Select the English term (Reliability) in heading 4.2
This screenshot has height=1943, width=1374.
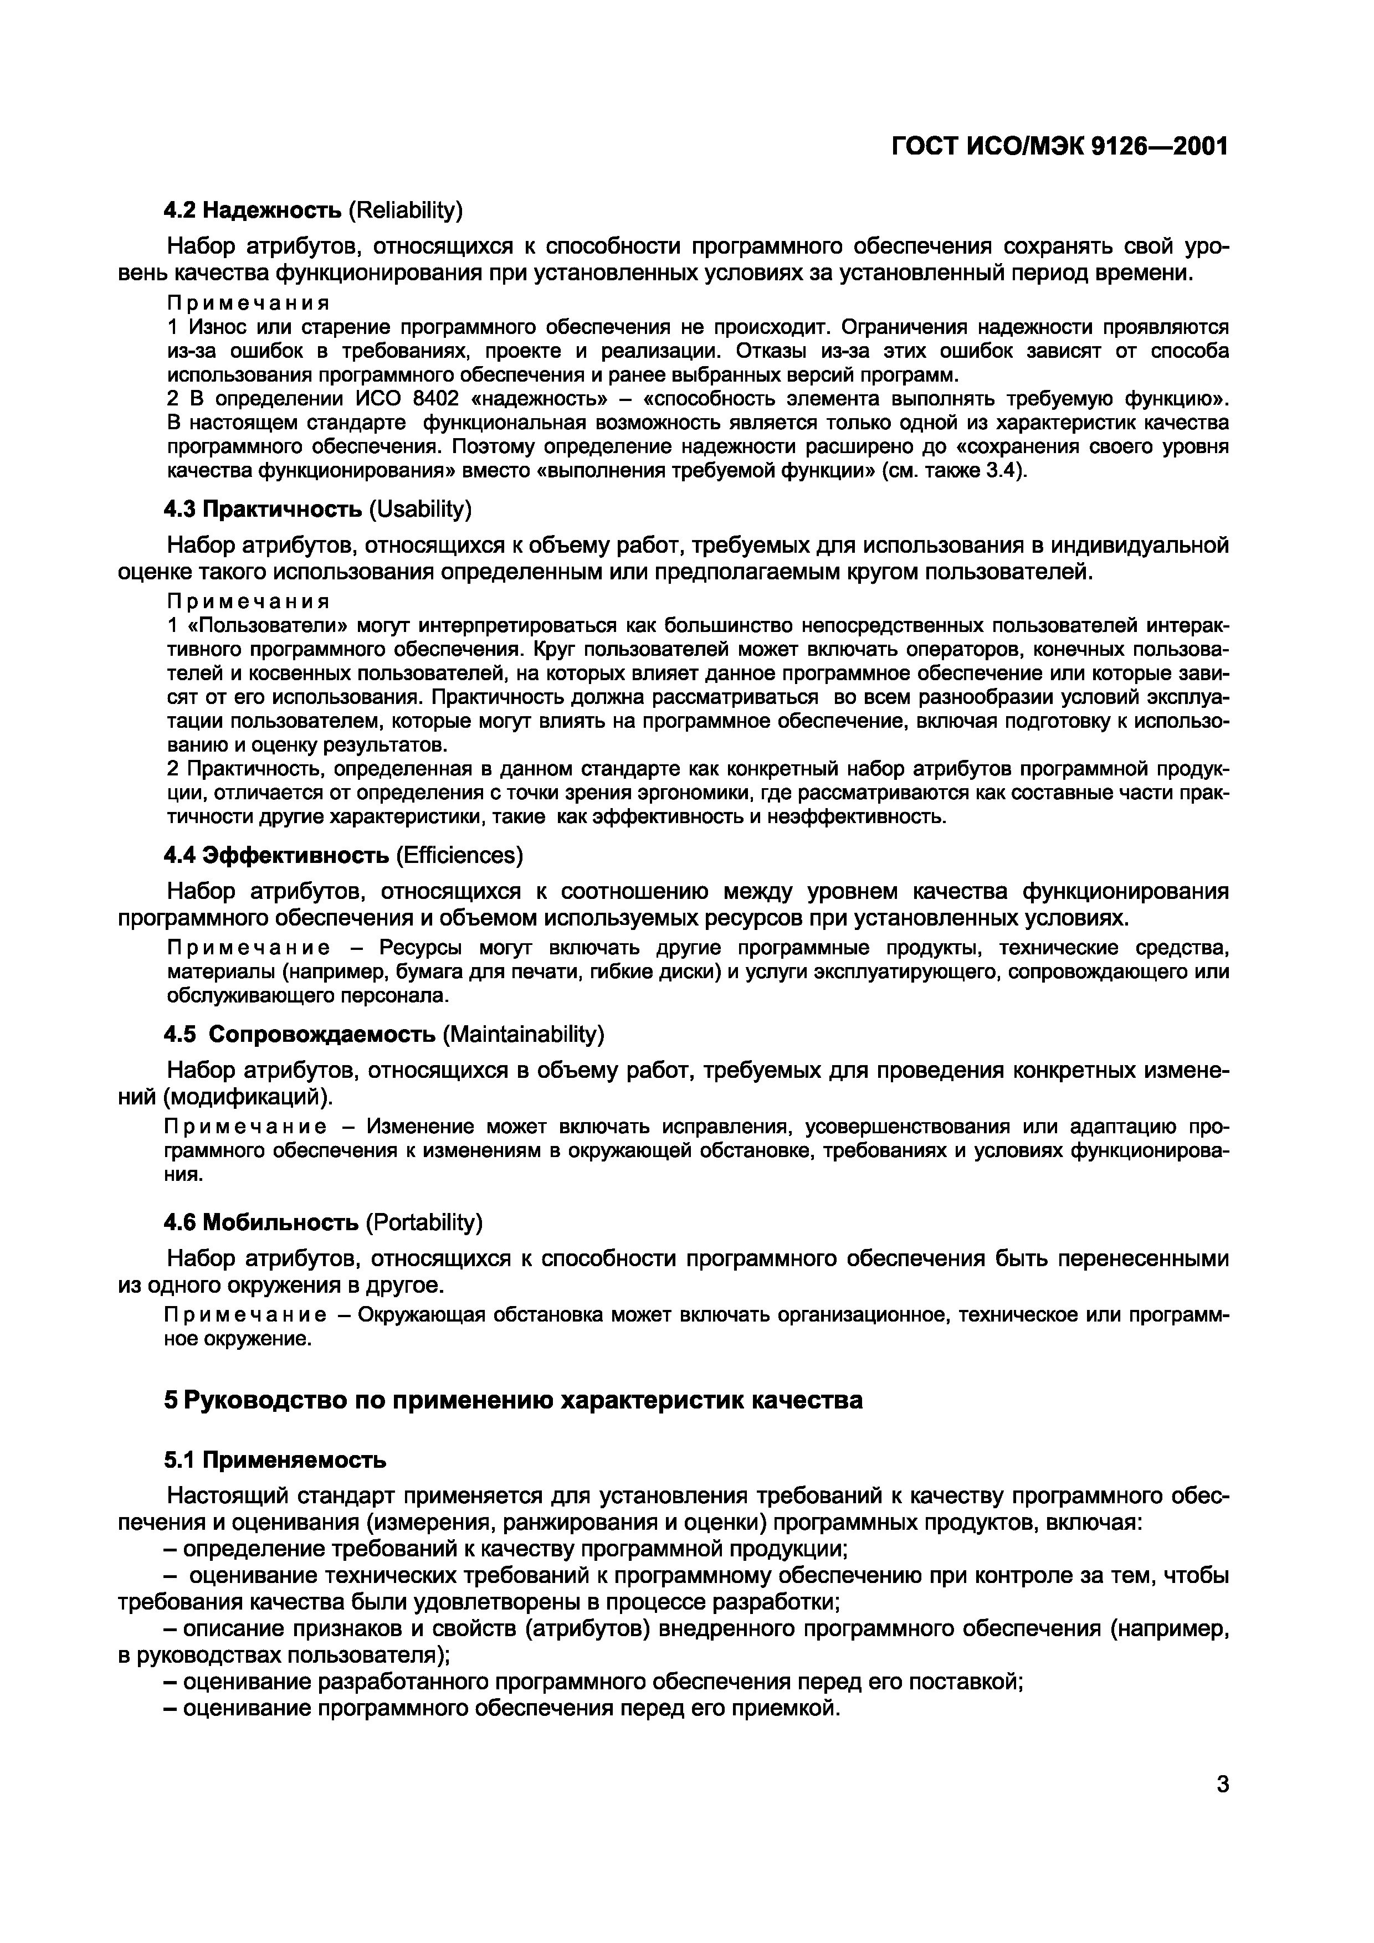pyautogui.click(x=406, y=209)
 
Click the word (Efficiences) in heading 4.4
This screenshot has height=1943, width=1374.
pyautogui.click(x=459, y=856)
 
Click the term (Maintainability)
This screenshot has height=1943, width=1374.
pyautogui.click(x=523, y=1034)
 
